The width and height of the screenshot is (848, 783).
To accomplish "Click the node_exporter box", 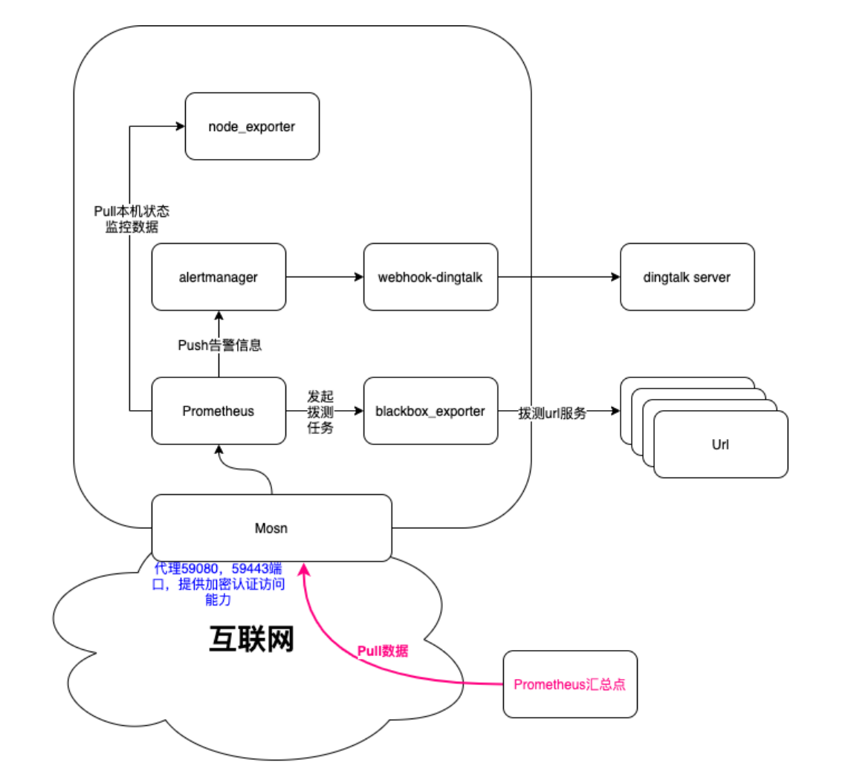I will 252,126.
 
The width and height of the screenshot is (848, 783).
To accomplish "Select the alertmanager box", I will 219,277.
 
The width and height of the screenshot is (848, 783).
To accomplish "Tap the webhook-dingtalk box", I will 431,277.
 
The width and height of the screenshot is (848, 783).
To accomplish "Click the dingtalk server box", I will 687,277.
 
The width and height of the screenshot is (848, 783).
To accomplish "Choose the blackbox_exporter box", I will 431,411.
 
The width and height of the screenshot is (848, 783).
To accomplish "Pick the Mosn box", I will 271,528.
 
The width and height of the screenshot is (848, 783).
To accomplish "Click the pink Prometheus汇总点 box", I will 570,684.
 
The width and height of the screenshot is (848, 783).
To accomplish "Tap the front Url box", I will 720,444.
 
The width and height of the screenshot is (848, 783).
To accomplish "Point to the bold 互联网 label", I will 250,638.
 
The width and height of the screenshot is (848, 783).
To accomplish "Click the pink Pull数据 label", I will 383,651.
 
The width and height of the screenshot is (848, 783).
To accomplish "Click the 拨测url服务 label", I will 552,414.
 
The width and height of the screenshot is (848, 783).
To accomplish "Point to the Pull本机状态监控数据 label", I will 131,219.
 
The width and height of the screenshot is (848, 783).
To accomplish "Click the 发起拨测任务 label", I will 320,411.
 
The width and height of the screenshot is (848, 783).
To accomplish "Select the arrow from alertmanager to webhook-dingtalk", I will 325,277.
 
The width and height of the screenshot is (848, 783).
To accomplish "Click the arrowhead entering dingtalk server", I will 615,277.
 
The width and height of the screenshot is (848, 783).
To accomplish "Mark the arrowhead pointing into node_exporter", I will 180,126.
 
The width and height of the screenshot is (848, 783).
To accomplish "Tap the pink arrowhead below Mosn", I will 302,568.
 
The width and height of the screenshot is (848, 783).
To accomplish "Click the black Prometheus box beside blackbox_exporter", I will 219,411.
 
